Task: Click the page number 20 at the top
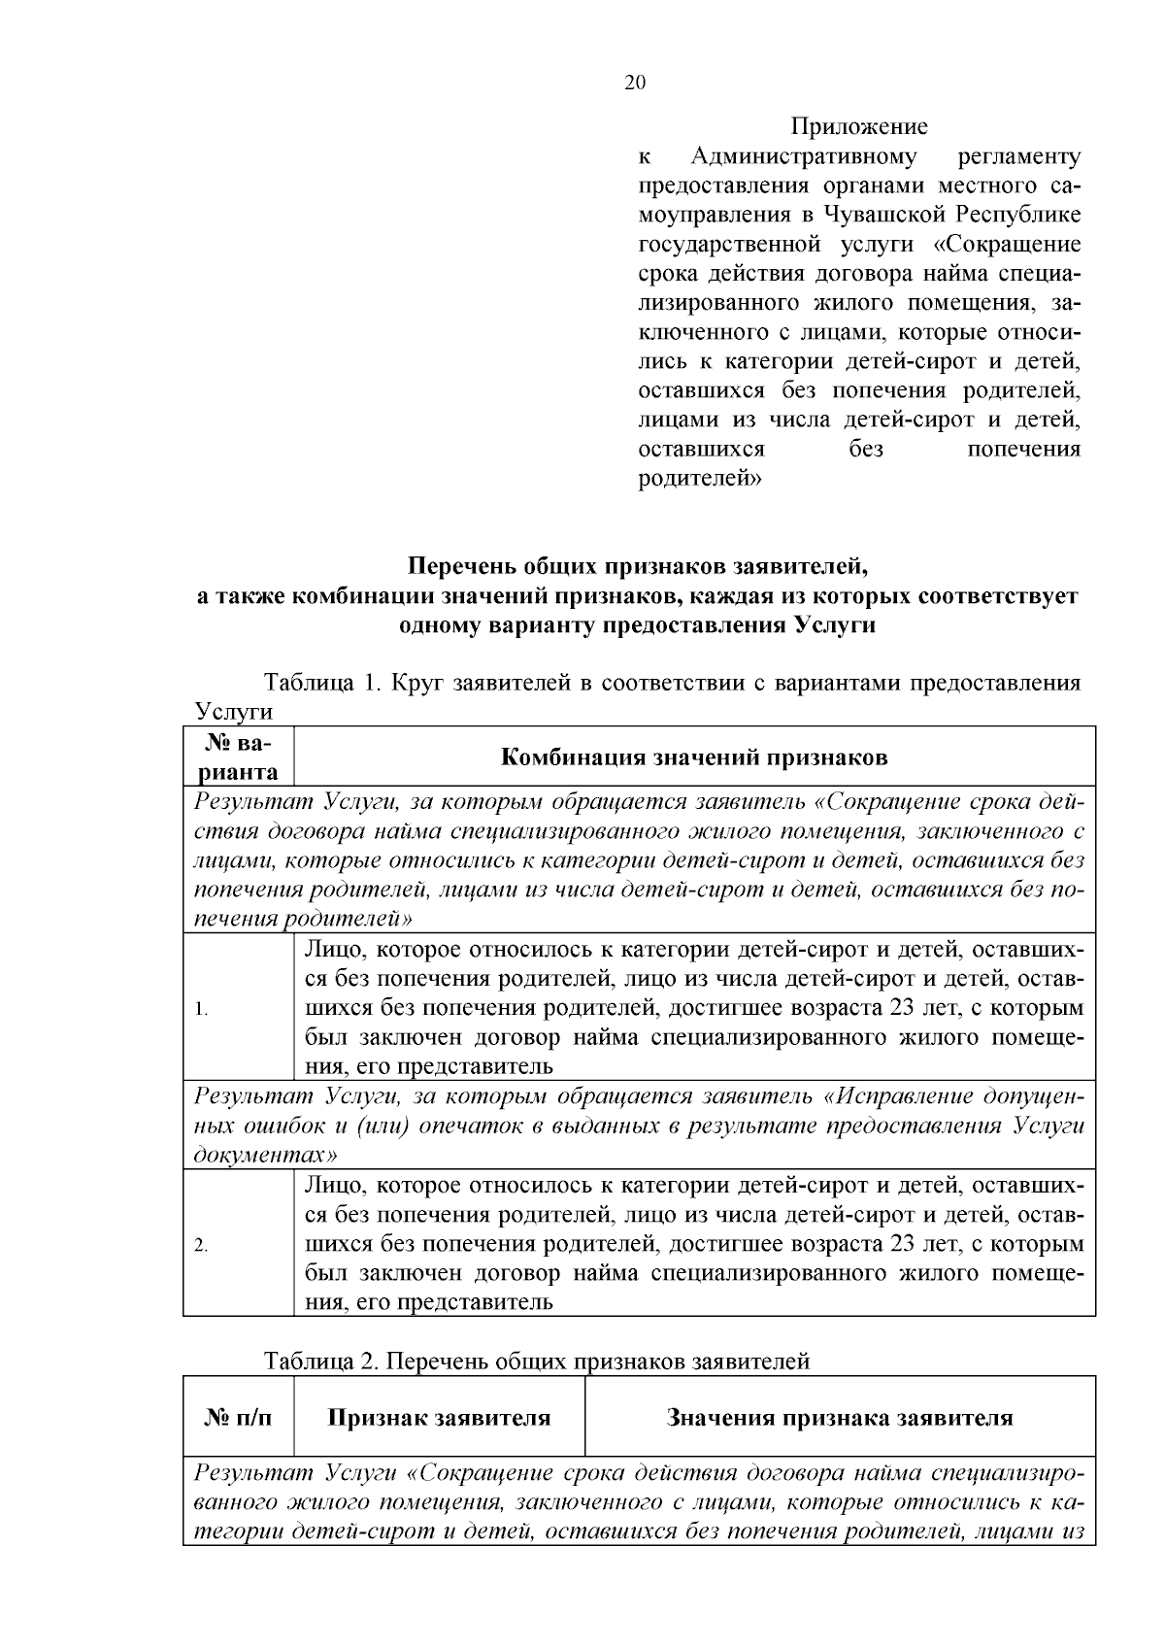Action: (634, 83)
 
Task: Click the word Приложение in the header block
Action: (859, 126)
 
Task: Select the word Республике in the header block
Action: (1021, 215)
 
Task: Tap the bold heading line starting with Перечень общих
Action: (637, 565)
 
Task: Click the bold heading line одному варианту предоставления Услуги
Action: (637, 624)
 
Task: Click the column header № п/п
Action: (238, 1418)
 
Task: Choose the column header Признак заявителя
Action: (439, 1418)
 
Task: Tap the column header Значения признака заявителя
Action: (840, 1418)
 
